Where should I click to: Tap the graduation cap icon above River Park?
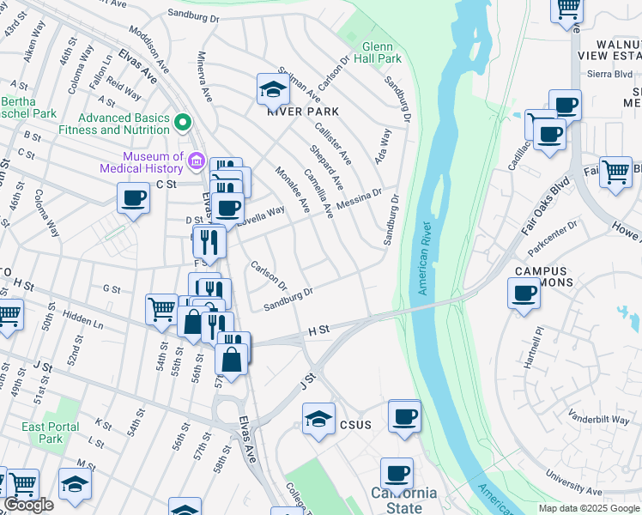(x=272, y=88)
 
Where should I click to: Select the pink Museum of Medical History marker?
(x=196, y=161)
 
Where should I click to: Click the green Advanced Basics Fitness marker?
(x=181, y=123)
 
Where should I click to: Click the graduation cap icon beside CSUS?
(x=318, y=419)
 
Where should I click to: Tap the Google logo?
(x=29, y=505)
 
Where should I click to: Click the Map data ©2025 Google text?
(x=589, y=508)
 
